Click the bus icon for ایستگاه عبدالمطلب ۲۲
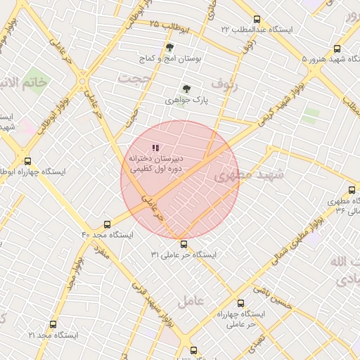click(256, 20)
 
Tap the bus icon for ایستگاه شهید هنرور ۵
click(337, 49)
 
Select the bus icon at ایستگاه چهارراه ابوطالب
click(27, 161)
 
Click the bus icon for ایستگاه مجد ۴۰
click(107, 224)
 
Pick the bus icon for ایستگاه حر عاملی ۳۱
click(184, 245)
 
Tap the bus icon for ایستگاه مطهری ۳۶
click(352, 190)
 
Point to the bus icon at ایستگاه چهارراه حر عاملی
click(241, 304)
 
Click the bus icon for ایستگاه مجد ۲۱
click(53, 325)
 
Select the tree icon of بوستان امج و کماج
click(169, 48)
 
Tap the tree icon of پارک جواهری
click(186, 89)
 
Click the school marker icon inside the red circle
click(155, 148)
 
